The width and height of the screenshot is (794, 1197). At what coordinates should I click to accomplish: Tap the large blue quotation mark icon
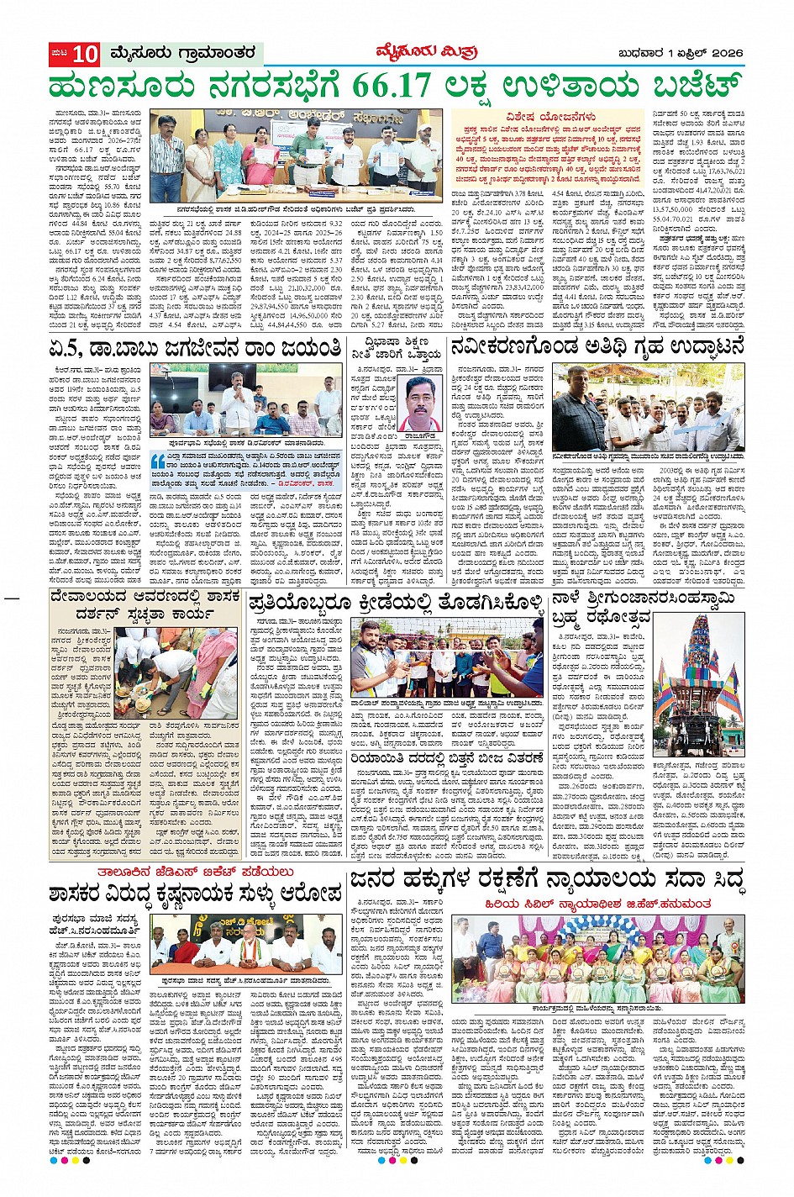coord(158,461)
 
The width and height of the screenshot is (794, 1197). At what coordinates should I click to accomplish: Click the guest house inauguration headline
coord(597,346)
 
